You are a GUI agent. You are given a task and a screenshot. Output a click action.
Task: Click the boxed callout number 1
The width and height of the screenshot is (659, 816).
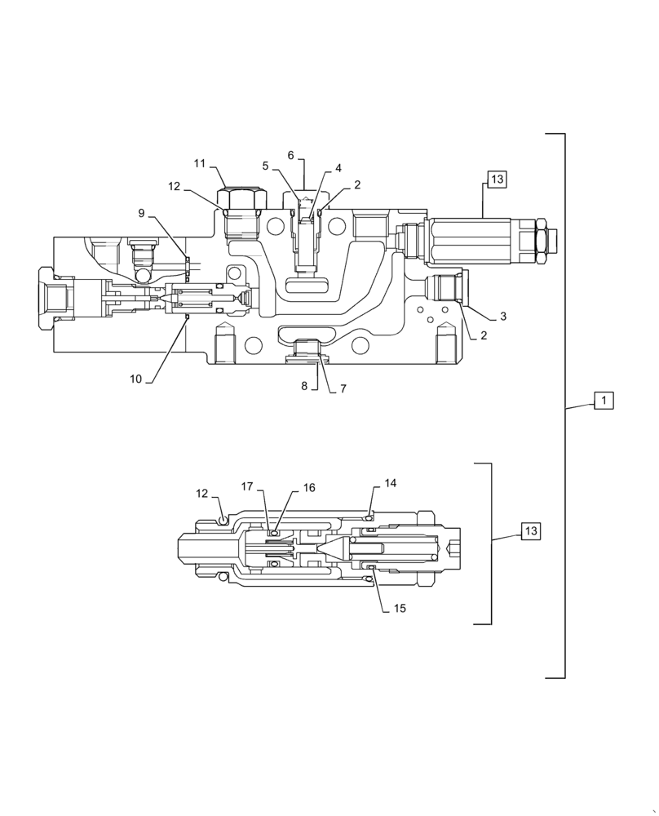603,401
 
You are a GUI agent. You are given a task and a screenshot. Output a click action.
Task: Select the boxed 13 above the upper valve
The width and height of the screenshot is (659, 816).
498,180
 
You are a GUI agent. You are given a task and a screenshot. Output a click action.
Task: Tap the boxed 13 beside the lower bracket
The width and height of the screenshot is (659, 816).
531,531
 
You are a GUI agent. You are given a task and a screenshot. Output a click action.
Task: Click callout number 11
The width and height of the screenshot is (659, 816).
200,163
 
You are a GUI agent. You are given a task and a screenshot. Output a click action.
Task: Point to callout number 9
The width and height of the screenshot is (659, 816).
141,213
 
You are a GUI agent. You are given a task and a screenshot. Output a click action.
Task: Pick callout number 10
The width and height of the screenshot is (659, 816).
136,379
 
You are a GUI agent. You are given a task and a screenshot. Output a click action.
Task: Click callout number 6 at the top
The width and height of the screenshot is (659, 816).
290,155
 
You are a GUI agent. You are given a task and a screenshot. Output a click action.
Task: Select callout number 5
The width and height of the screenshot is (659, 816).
265,166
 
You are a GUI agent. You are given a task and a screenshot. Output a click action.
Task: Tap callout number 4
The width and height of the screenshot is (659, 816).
337,168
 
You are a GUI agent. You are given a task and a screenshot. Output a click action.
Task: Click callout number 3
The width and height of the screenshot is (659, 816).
502,316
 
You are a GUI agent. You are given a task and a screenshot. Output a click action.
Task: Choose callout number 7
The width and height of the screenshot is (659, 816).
343,389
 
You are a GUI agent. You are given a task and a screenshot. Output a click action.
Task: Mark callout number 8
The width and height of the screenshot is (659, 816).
304,386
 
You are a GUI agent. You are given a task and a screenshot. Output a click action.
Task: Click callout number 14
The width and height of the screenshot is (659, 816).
391,483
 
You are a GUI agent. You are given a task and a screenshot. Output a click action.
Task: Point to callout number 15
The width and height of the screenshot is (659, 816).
400,608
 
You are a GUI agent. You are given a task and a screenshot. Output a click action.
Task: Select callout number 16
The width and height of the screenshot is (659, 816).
309,487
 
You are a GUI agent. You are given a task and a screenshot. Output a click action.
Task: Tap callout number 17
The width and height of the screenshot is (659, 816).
247,486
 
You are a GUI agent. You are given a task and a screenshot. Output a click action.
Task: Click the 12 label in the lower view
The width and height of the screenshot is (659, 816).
201,493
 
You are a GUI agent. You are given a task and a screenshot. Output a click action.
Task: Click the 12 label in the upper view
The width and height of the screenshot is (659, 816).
174,186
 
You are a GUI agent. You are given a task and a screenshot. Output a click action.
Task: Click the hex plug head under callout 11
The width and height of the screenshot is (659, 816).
241,198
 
